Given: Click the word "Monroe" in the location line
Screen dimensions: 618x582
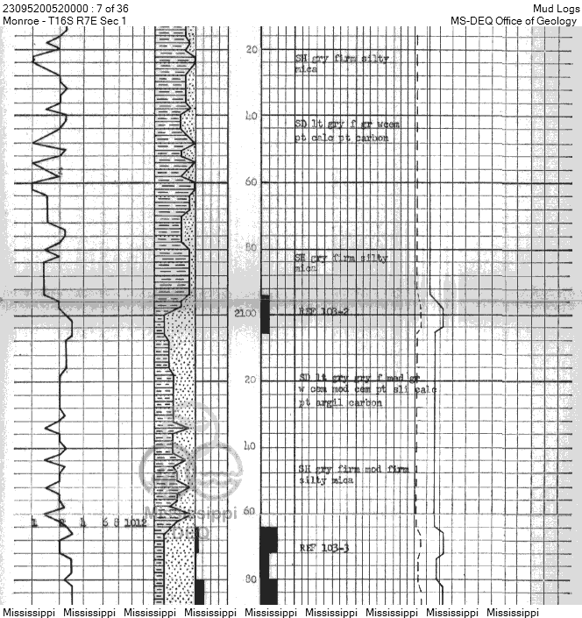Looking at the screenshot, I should (21, 20).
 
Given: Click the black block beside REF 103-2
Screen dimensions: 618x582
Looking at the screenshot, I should (266, 314).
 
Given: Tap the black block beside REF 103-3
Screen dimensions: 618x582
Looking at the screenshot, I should (268, 540).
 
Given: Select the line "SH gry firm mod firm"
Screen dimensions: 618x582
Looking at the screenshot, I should (353, 469).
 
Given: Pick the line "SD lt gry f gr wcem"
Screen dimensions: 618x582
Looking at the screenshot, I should (347, 124).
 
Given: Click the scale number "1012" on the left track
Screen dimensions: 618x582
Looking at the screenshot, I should (135, 523).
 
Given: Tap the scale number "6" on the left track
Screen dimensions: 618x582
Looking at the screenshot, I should (104, 523).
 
